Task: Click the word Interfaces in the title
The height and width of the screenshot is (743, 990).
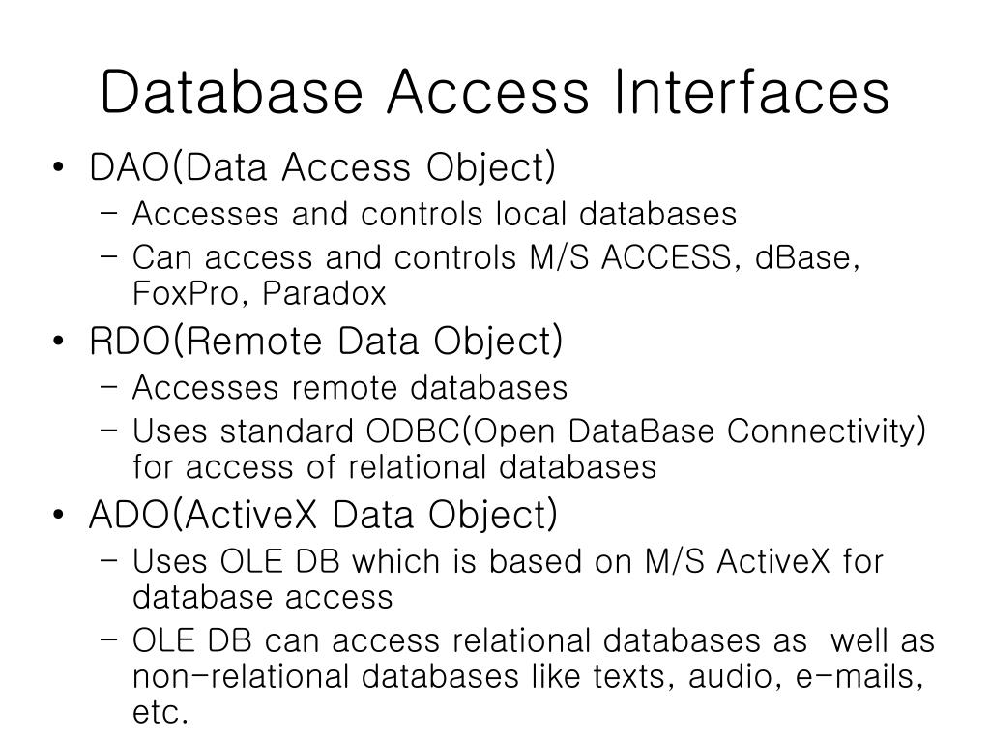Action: [751, 93]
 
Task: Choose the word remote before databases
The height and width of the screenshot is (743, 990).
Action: [342, 388]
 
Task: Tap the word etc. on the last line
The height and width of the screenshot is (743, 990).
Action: [159, 713]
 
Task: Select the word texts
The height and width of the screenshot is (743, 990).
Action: [625, 677]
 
